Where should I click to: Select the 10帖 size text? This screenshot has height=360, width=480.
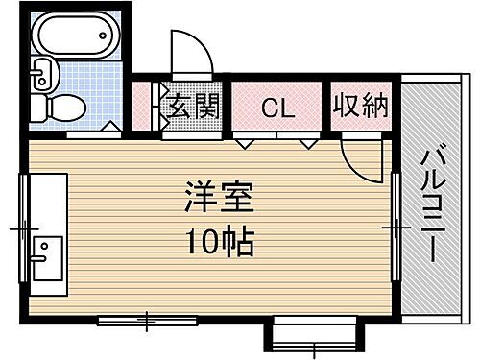218,242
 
